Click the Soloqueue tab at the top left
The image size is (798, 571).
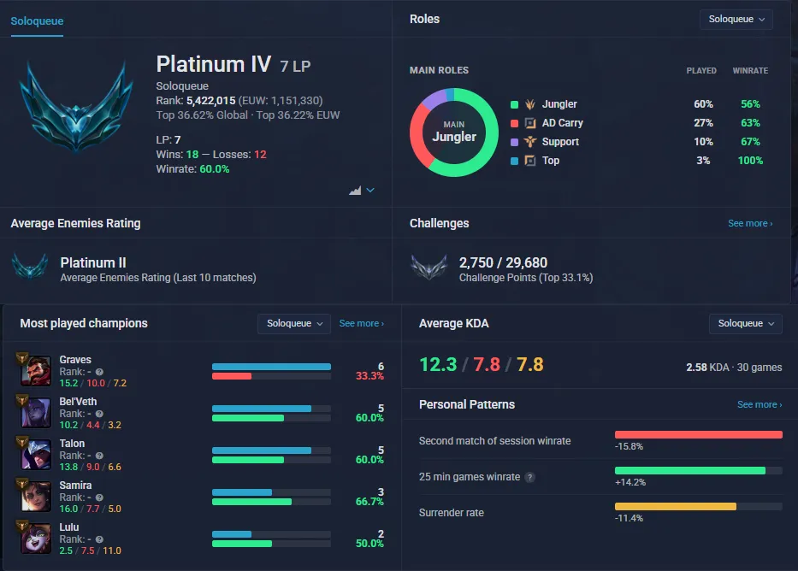coord(37,21)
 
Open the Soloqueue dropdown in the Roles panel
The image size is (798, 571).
coord(736,20)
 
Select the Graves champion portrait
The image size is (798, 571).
coord(36,371)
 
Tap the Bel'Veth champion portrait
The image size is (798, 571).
coord(36,412)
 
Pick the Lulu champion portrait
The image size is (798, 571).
coord(36,538)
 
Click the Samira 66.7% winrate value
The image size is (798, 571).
coord(369,502)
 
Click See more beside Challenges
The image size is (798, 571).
coord(750,223)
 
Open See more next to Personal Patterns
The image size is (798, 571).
coord(760,404)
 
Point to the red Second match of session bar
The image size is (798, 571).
coord(698,435)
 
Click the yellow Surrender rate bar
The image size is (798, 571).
coord(676,506)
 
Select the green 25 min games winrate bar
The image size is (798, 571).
coord(690,471)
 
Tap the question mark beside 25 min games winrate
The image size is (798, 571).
coord(529,477)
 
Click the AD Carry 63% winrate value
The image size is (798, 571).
coord(750,122)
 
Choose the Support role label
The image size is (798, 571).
coord(560,141)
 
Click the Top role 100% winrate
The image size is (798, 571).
coord(750,160)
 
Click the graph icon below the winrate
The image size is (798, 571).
coord(355,190)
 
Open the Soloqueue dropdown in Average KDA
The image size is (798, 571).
coord(745,323)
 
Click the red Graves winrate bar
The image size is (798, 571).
coord(232,376)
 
